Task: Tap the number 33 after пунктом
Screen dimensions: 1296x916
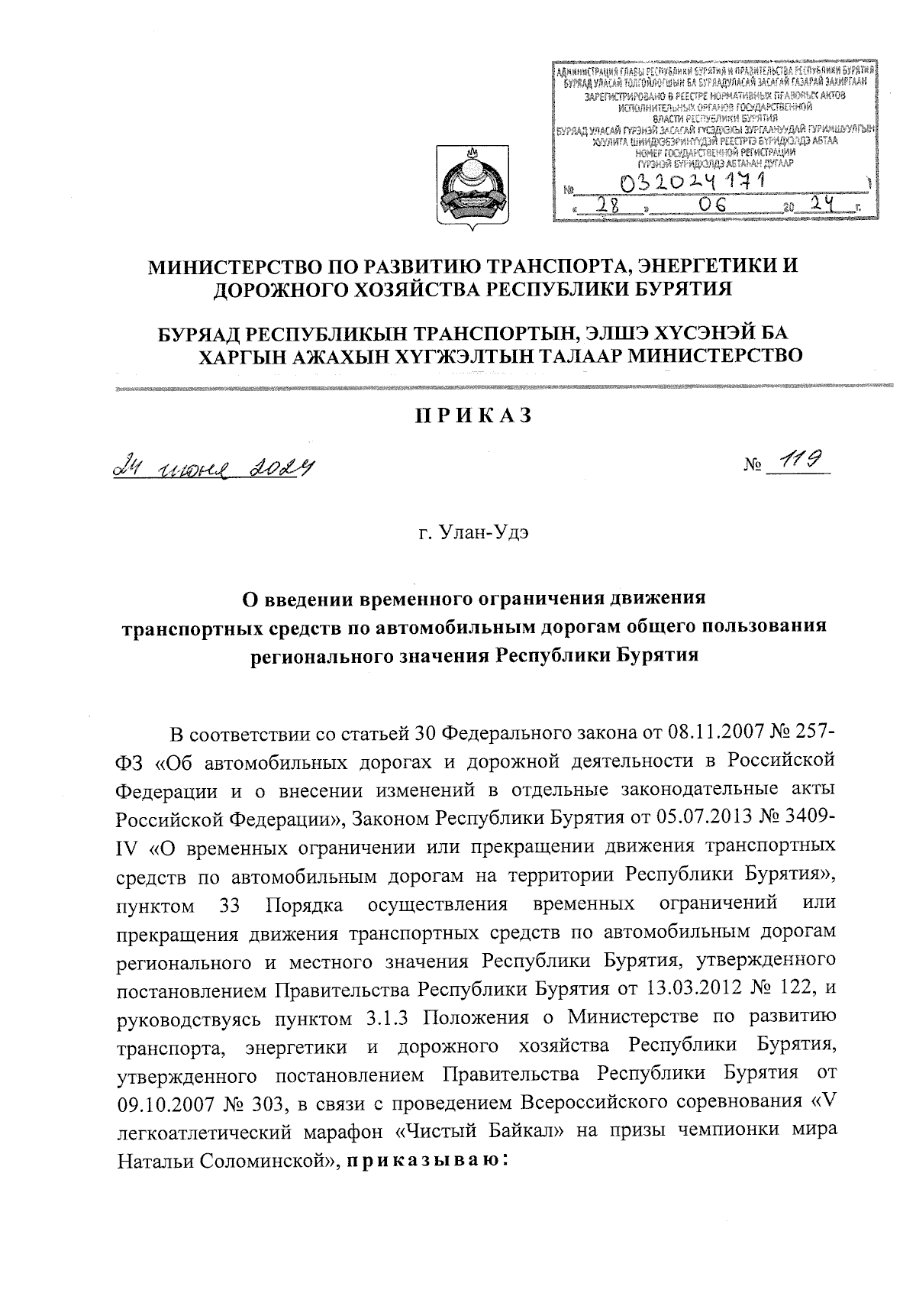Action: pos(230,906)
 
